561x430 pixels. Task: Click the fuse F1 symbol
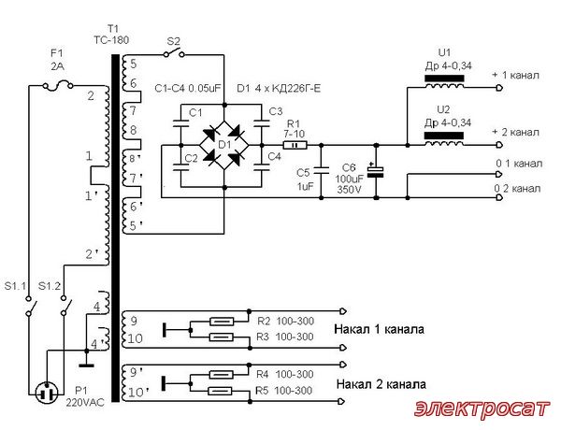tap(58, 85)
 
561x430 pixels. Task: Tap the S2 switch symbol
tap(174, 53)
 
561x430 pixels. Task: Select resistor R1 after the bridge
tap(295, 145)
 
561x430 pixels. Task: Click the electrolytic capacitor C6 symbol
tap(376, 172)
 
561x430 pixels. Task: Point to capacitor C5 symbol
tap(321, 170)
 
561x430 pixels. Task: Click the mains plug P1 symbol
tap(47, 393)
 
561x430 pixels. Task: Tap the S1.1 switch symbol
tap(30, 307)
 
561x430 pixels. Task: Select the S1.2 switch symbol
tap(65, 307)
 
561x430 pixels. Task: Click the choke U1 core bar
tap(444, 79)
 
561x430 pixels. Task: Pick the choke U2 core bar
tap(444, 136)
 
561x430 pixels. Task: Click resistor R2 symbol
tap(222, 322)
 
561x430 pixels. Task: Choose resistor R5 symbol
tap(221, 392)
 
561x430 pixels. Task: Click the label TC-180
tap(111, 39)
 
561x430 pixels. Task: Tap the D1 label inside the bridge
tap(224, 145)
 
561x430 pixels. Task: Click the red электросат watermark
tap(482, 408)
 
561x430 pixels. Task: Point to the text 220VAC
tap(85, 403)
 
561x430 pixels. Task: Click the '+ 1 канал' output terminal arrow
tap(499, 88)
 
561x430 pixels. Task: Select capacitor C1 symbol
tap(180, 123)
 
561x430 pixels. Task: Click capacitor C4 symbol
tap(262, 166)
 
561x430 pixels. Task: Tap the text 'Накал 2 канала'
tap(381, 384)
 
